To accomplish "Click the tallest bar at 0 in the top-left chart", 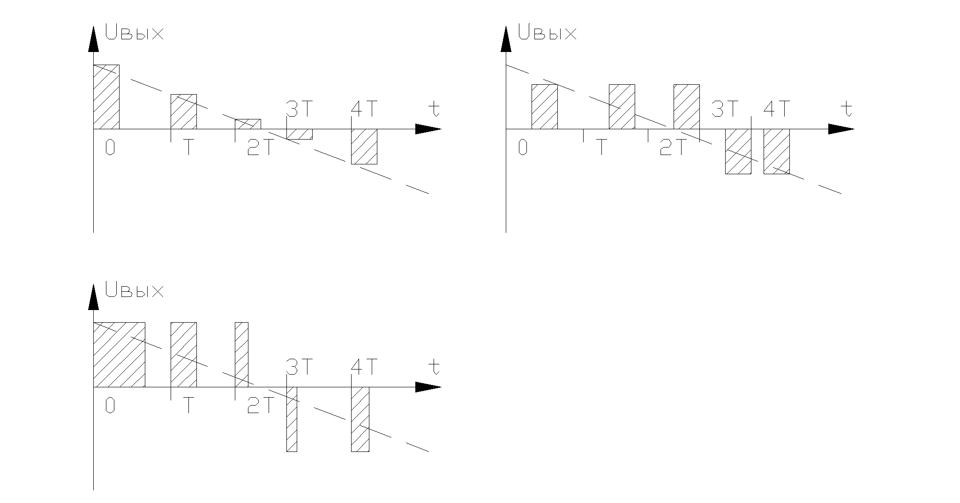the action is click(x=106, y=97).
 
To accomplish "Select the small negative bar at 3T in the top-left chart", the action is click(x=300, y=134).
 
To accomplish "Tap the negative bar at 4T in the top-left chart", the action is click(x=364, y=147).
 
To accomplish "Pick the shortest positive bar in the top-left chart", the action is click(x=248, y=124).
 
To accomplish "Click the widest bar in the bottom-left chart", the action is click(x=119, y=355).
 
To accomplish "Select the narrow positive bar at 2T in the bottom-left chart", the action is click(x=241, y=355).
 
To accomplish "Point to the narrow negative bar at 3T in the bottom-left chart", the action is click(x=292, y=420).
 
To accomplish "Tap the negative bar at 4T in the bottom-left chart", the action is click(x=360, y=420).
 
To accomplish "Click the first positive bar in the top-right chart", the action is click(x=545, y=107).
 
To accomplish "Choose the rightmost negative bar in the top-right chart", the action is click(x=777, y=151).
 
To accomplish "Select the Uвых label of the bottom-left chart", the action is click(x=135, y=290).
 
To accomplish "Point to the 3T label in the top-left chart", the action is click(x=299, y=110).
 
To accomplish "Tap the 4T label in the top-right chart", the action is click(x=777, y=110).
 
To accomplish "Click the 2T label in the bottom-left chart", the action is click(x=260, y=406).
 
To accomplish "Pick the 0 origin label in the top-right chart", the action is click(x=523, y=148).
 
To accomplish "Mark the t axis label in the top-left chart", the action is click(x=435, y=109).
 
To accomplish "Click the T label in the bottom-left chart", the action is click(x=188, y=406).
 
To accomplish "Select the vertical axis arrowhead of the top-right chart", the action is click(x=506, y=39).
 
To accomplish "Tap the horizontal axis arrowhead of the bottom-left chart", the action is click(x=428, y=387).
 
